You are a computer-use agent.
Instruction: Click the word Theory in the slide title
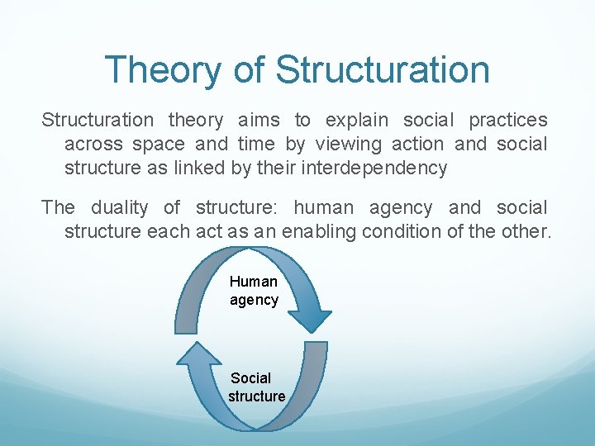tap(162, 70)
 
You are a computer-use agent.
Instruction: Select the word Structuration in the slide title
tap(383, 70)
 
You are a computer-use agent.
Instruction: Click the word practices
tap(507, 121)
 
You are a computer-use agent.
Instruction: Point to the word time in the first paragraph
tap(256, 145)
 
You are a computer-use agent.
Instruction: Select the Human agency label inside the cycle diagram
tap(254, 291)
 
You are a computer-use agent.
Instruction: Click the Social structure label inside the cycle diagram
tap(256, 387)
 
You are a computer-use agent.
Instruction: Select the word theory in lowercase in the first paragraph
tap(196, 121)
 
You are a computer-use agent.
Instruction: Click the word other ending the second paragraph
tap(522, 232)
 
